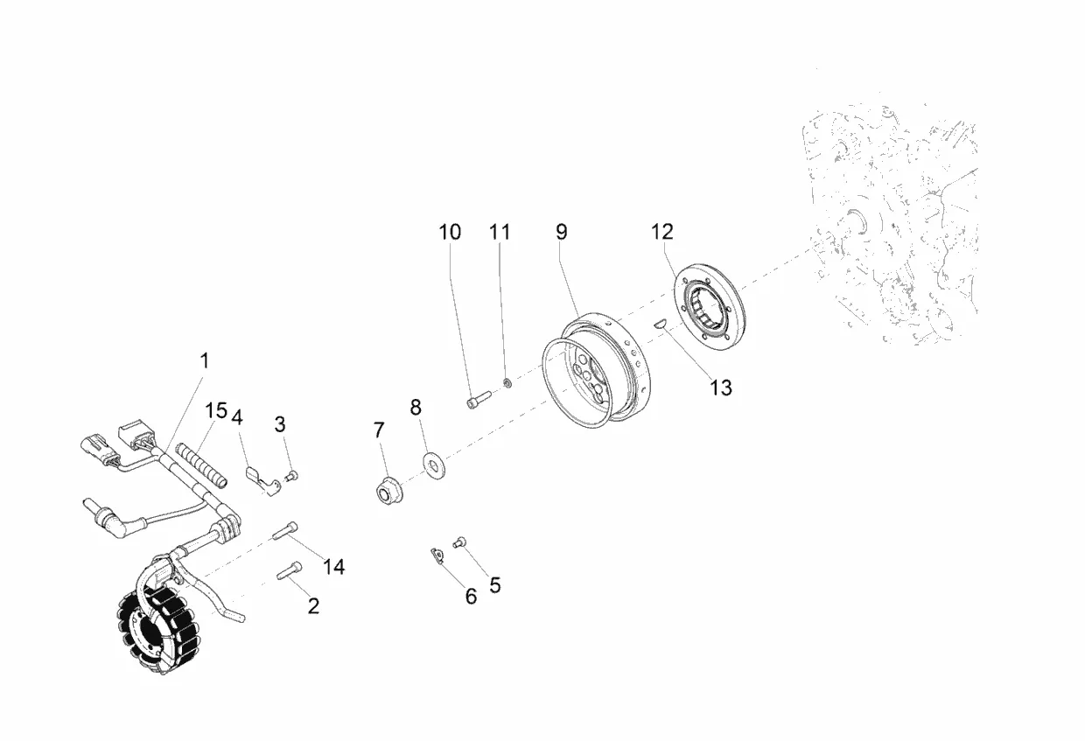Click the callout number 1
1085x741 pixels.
coord(205,360)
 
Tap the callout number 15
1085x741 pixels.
coord(216,410)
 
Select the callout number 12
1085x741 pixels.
coord(662,232)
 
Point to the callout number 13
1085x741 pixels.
coord(720,388)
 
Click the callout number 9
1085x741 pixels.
coord(561,232)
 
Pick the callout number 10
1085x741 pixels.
coord(450,232)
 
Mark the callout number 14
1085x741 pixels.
coord(333,567)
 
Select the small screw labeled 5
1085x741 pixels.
coord(458,543)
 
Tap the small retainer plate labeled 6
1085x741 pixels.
coord(436,554)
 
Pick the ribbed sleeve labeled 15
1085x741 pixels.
coord(202,467)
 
